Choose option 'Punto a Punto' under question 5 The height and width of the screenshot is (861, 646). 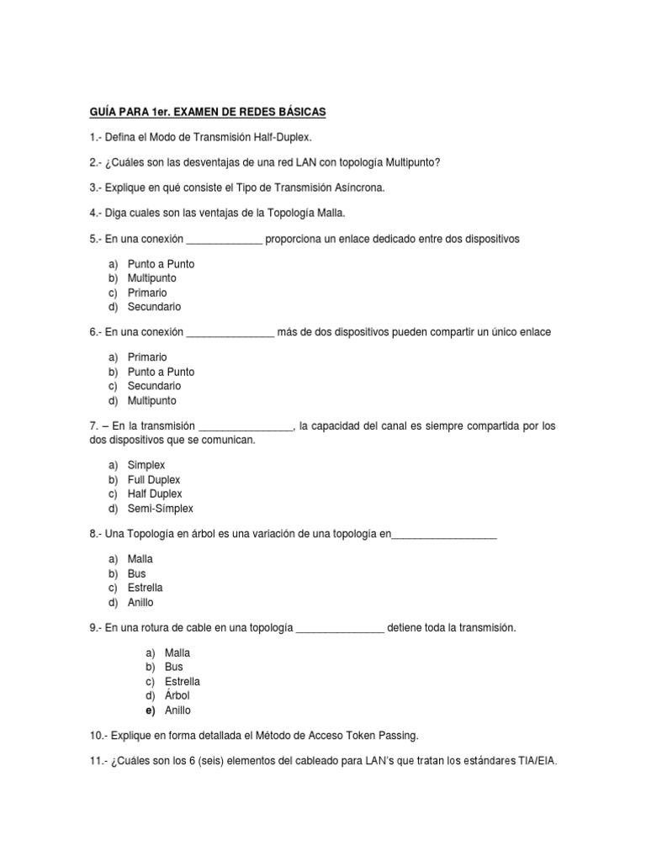[161, 264]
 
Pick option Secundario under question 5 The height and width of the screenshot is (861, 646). [154, 307]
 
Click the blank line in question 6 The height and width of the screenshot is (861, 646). [230, 334]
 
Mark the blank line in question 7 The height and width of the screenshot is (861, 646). [244, 428]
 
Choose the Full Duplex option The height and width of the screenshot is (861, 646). [154, 479]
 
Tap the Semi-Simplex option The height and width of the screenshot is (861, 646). [160, 508]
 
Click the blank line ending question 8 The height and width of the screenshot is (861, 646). [444, 535]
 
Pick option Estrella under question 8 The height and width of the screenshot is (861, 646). [146, 588]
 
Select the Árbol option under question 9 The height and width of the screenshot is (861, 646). [177, 696]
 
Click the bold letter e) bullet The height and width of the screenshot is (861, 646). [150, 710]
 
